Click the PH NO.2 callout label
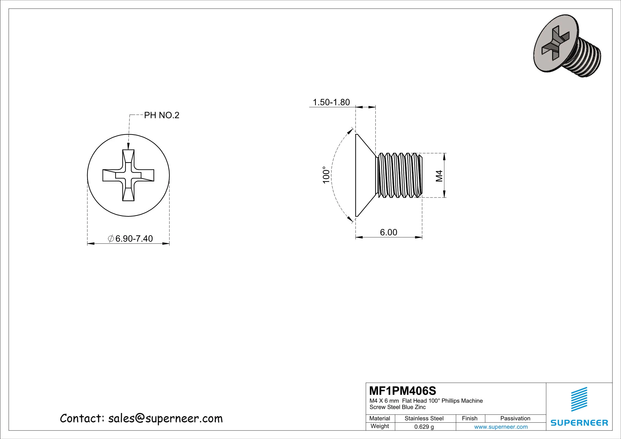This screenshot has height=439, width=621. pos(162,115)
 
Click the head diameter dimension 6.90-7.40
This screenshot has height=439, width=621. pos(134,238)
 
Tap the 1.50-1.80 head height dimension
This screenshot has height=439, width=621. pos(331,102)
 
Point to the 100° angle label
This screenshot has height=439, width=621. pos(326,175)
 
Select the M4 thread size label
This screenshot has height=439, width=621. pos(439,176)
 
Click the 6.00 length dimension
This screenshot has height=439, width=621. pos(388,232)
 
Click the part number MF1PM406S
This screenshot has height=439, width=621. pos(402,391)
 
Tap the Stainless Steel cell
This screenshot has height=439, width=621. pos(424,418)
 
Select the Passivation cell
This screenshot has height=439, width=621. pos(515,418)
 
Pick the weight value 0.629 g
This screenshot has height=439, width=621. pos(424,427)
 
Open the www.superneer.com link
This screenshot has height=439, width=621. pos(501,427)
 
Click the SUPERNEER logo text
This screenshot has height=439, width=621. pos(579,423)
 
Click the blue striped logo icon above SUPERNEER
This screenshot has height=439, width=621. pos(579,399)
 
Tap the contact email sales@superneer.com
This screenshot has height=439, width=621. pos(165,419)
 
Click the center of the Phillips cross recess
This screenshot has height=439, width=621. pos(128,175)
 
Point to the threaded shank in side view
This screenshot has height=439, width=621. pos(400,175)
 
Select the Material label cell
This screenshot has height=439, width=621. pos(380,418)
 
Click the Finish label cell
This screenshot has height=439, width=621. pos(469,418)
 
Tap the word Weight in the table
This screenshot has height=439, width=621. pos(380,426)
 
